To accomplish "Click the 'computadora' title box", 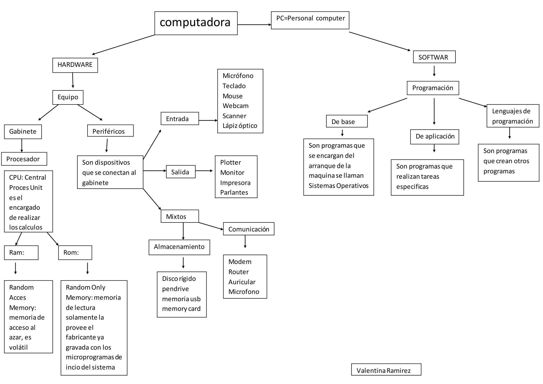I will pos(196,23).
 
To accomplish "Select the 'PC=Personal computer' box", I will pos(310,20).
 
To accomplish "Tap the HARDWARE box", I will pos(75,65).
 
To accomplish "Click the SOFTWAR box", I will pos(434,57).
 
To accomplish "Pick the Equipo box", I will pos(68,97).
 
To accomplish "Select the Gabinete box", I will pos(23,132).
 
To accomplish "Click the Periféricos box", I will pos(110,131).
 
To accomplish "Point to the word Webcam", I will pos(235,106).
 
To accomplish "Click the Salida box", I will pos(181,172).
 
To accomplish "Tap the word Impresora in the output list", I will pos(235,183).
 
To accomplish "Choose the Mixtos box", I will pos(179,216).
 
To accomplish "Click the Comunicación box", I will pos(248,229).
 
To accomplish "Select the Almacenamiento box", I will pos(179,247).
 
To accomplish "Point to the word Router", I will pos(238,272).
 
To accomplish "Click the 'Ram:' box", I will pos(21,252).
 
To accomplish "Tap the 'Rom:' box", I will pos(75,252).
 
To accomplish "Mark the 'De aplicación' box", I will pos(434,137).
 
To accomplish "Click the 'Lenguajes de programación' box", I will pos(513,116).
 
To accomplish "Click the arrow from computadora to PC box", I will pos(254,25).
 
